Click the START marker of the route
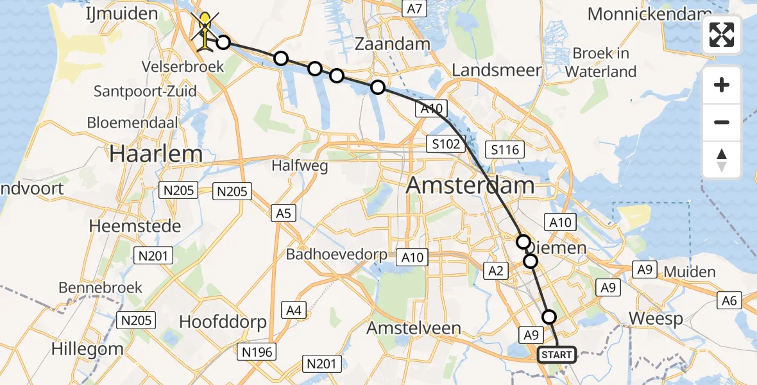pyautogui.click(x=556, y=355)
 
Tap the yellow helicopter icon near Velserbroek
pyautogui.click(x=205, y=32)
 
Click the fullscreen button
pyautogui.click(x=722, y=35)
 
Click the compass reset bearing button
pyautogui.click(x=722, y=160)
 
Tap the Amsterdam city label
pyautogui.click(x=470, y=185)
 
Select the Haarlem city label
pyautogui.click(x=156, y=153)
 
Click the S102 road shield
pyautogui.click(x=446, y=144)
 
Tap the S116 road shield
pyautogui.click(x=506, y=150)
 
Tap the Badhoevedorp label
pyautogui.click(x=337, y=254)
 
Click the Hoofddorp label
pyautogui.click(x=223, y=322)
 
